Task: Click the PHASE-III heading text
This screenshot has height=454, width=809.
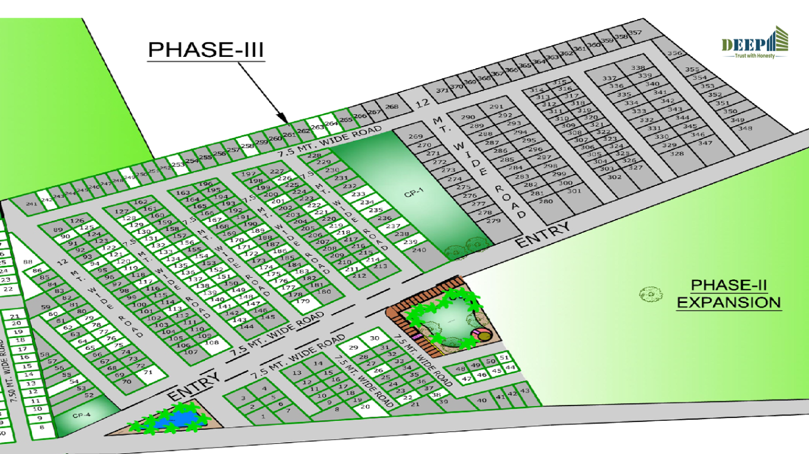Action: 206,50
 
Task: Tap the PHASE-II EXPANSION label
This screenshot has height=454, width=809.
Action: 729,294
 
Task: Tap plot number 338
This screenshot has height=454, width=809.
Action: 638,68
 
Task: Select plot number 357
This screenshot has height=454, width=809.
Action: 635,33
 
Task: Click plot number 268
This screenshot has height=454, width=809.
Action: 391,107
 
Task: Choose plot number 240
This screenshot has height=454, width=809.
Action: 419,250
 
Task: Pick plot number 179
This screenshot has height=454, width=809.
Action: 303,301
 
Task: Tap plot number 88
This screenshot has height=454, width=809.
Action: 27,262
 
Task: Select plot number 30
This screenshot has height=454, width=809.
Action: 374,338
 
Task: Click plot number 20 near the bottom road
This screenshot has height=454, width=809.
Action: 365,407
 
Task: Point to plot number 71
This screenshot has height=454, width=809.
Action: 148,373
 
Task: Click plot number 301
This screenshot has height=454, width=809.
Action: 574,191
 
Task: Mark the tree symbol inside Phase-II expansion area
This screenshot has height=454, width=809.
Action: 650,293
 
